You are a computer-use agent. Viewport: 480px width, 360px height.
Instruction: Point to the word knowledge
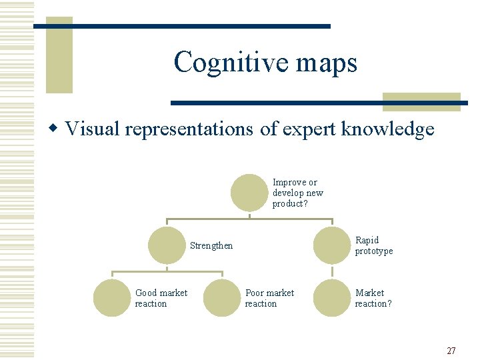(388, 129)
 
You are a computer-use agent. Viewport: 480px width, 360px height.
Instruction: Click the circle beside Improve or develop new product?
(249, 193)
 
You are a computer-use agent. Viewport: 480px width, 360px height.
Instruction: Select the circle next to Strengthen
(166, 245)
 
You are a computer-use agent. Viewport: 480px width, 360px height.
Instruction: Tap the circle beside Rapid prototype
(332, 245)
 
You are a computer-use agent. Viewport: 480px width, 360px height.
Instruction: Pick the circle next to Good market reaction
(111, 298)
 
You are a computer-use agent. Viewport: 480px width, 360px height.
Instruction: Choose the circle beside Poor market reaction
(221, 298)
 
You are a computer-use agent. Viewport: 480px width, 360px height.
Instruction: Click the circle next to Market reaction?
(332, 298)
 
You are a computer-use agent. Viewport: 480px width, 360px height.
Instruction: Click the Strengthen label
(211, 246)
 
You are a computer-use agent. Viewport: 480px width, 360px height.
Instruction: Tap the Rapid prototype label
(374, 245)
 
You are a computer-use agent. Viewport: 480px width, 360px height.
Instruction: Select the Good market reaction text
(161, 298)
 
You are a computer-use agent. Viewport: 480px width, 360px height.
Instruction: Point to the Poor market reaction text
(269, 298)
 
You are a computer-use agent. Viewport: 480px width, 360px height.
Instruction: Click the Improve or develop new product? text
(297, 193)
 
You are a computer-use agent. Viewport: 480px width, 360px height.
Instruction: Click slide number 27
(451, 351)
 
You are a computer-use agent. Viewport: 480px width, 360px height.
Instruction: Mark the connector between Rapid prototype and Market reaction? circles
(332, 271)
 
